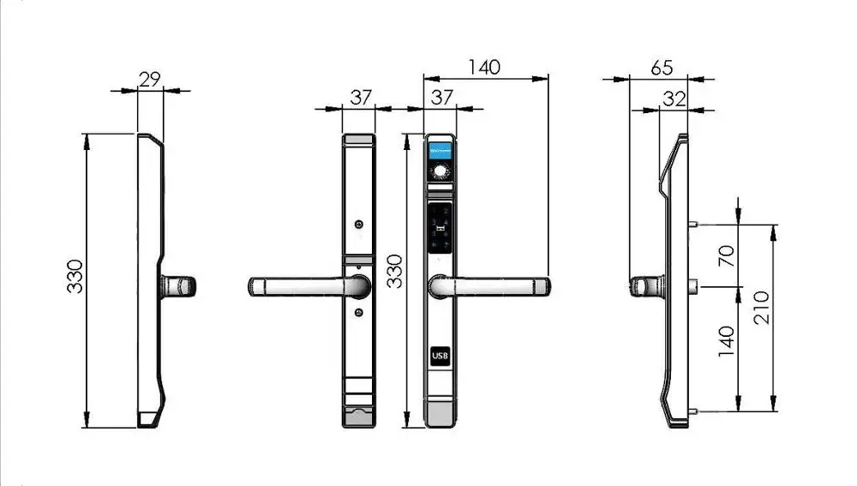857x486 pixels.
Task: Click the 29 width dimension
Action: [150, 79]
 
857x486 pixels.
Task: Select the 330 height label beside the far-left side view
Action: [76, 276]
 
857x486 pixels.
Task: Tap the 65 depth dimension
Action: [662, 67]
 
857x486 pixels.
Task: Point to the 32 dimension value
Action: [674, 99]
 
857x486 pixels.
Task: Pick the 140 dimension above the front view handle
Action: [485, 67]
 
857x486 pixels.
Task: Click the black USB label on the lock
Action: [440, 355]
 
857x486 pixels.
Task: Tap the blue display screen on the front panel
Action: [440, 149]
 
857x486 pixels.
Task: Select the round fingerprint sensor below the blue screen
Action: [440, 172]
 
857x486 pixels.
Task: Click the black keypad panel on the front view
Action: [440, 225]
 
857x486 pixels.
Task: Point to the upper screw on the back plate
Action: [359, 225]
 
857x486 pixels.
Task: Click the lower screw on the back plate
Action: [359, 312]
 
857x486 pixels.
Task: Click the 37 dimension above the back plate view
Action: [361, 98]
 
